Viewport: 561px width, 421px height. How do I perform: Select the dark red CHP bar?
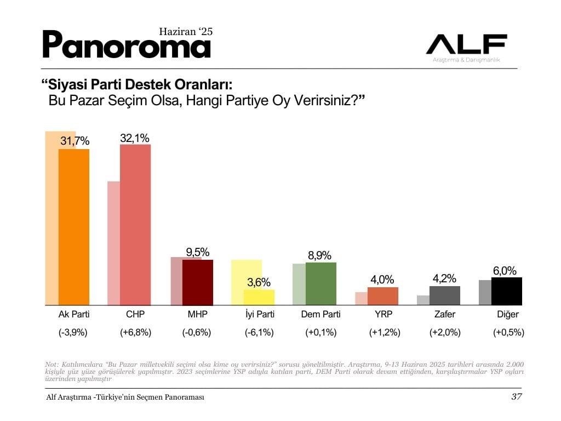coord(135,225)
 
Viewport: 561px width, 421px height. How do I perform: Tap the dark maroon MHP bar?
coord(197,282)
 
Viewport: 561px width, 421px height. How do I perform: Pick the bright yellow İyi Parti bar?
coord(259,297)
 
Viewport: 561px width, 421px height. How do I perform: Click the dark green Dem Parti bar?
coord(321,283)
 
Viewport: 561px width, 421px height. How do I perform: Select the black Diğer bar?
coord(507,291)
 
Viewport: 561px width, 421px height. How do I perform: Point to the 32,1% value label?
coord(135,138)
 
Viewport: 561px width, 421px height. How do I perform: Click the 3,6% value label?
coord(259,283)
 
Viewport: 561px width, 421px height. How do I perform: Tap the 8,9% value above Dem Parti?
coord(320,255)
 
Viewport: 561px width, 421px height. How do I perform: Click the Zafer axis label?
coord(444,315)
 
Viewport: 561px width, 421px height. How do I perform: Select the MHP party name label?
coord(197,315)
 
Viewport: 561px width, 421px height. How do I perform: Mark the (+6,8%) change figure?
coord(135,332)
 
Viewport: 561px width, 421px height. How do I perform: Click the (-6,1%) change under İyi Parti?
coord(259,332)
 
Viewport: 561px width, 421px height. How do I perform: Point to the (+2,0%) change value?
coord(444,332)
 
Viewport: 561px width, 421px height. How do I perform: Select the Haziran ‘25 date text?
coord(185,32)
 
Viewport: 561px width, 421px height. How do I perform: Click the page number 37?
coord(516,397)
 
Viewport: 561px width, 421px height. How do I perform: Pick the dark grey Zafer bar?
coord(445,295)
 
